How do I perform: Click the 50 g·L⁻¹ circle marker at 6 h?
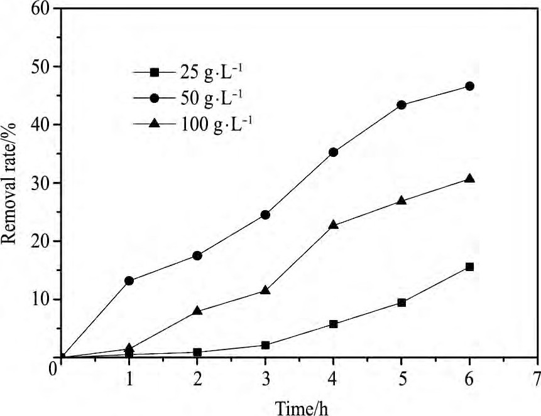pyautogui.click(x=469, y=86)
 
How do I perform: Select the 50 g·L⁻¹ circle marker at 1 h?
pyautogui.click(x=129, y=280)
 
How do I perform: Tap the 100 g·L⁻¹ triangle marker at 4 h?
pyautogui.click(x=333, y=225)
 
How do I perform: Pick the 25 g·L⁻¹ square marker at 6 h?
pyautogui.click(x=469, y=267)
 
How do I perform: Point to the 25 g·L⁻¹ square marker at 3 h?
pyautogui.click(x=265, y=345)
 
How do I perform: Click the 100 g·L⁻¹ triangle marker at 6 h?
pyautogui.click(x=469, y=179)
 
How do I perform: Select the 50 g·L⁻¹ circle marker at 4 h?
pyautogui.click(x=333, y=152)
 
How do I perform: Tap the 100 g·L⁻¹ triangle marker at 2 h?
pyautogui.click(x=197, y=311)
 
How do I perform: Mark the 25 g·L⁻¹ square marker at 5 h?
pyautogui.click(x=402, y=302)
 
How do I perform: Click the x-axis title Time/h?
pyautogui.click(x=302, y=407)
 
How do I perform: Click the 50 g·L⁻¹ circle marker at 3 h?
pyautogui.click(x=265, y=215)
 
